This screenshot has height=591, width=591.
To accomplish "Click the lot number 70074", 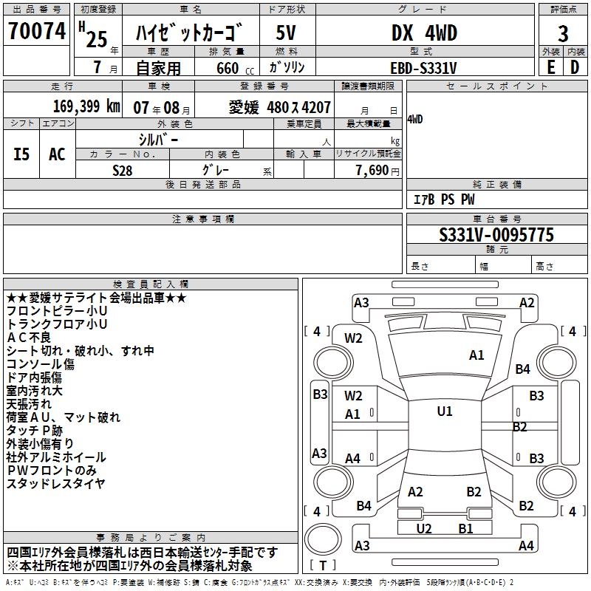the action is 36,32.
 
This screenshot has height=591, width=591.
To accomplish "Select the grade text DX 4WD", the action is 424,33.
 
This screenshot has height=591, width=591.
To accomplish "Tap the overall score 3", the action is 563,34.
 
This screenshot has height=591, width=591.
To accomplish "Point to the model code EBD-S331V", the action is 423,68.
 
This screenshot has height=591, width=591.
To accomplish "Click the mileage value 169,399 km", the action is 86,106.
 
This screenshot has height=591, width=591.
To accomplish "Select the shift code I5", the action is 22,154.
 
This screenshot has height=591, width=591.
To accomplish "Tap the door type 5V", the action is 287,33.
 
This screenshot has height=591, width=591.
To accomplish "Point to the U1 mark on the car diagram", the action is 444,411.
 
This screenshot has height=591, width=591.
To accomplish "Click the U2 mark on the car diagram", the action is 424,528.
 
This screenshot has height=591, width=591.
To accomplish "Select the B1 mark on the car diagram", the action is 465,528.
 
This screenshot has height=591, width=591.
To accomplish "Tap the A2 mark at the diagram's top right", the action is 527,302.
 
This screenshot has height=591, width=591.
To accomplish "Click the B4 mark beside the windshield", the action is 523,369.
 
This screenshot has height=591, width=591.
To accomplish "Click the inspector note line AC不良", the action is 27,337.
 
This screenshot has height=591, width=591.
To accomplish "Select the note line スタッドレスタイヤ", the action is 55,484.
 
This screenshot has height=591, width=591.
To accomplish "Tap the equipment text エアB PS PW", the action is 443,199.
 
